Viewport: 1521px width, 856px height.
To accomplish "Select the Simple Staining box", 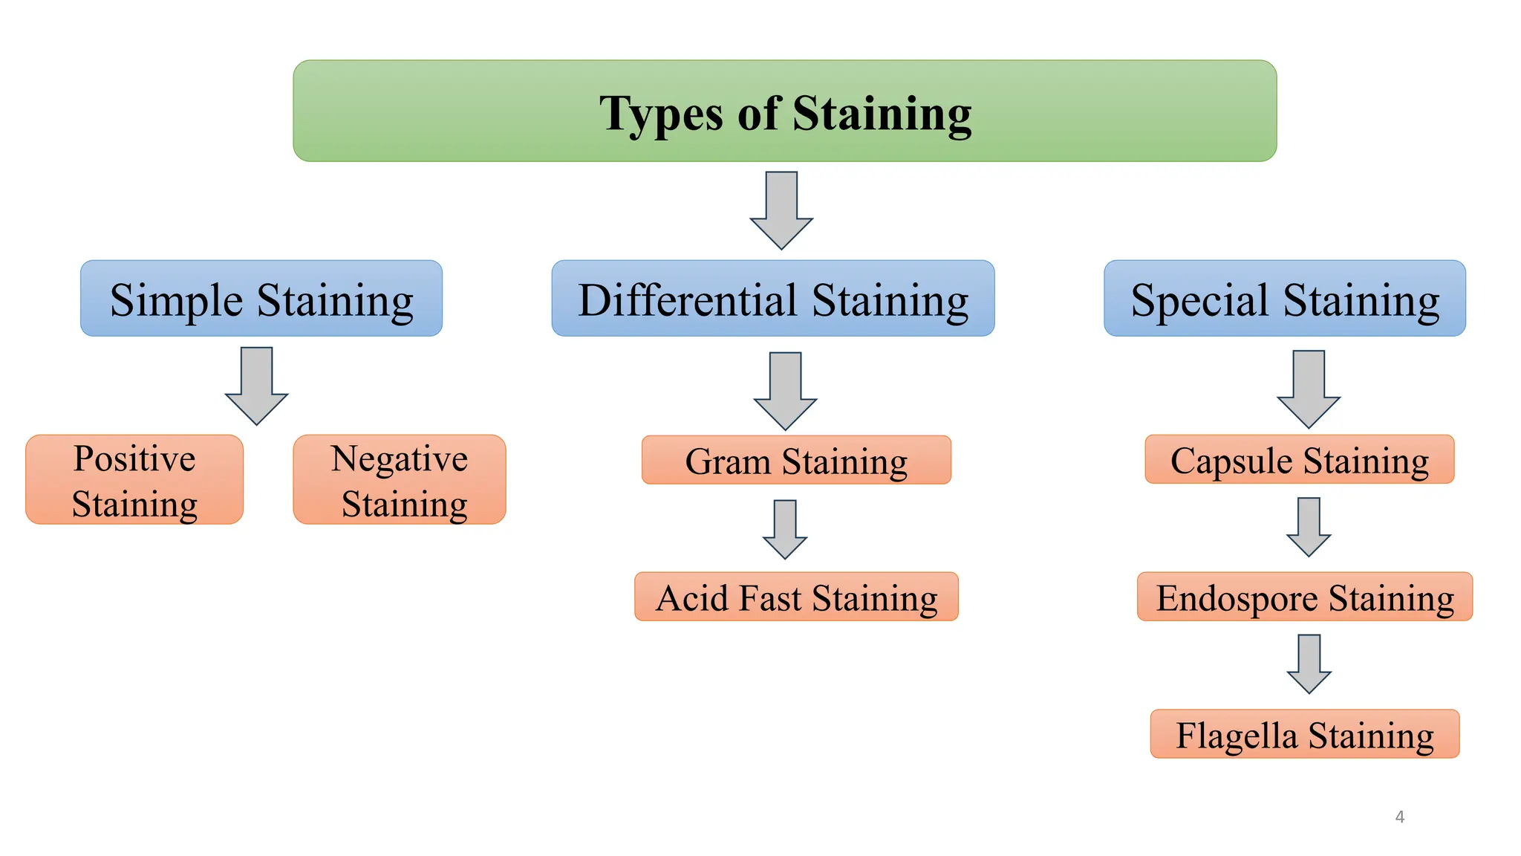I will [x=261, y=299].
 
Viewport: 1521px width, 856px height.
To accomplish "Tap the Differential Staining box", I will [x=772, y=299].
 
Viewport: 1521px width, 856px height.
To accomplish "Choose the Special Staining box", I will [x=1285, y=299].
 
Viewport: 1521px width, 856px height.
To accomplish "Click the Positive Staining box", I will [x=134, y=480].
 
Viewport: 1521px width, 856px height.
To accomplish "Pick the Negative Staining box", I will [x=400, y=480].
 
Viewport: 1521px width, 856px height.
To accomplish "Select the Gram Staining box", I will [x=796, y=461].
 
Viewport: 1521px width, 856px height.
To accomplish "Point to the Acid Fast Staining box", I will [x=796, y=597].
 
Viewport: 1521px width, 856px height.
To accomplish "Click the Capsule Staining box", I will [x=1300, y=460].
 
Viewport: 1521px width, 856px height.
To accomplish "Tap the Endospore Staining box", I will [x=1305, y=597].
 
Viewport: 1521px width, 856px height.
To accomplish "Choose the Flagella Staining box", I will [x=1305, y=734].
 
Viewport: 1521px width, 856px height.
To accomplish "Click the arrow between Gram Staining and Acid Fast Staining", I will [x=785, y=528].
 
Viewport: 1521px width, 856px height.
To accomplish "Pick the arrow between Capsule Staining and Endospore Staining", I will [x=1309, y=526].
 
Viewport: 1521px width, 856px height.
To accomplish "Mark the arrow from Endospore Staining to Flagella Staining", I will [x=1309, y=663].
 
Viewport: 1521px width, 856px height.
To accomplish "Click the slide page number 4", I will [x=1400, y=817].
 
